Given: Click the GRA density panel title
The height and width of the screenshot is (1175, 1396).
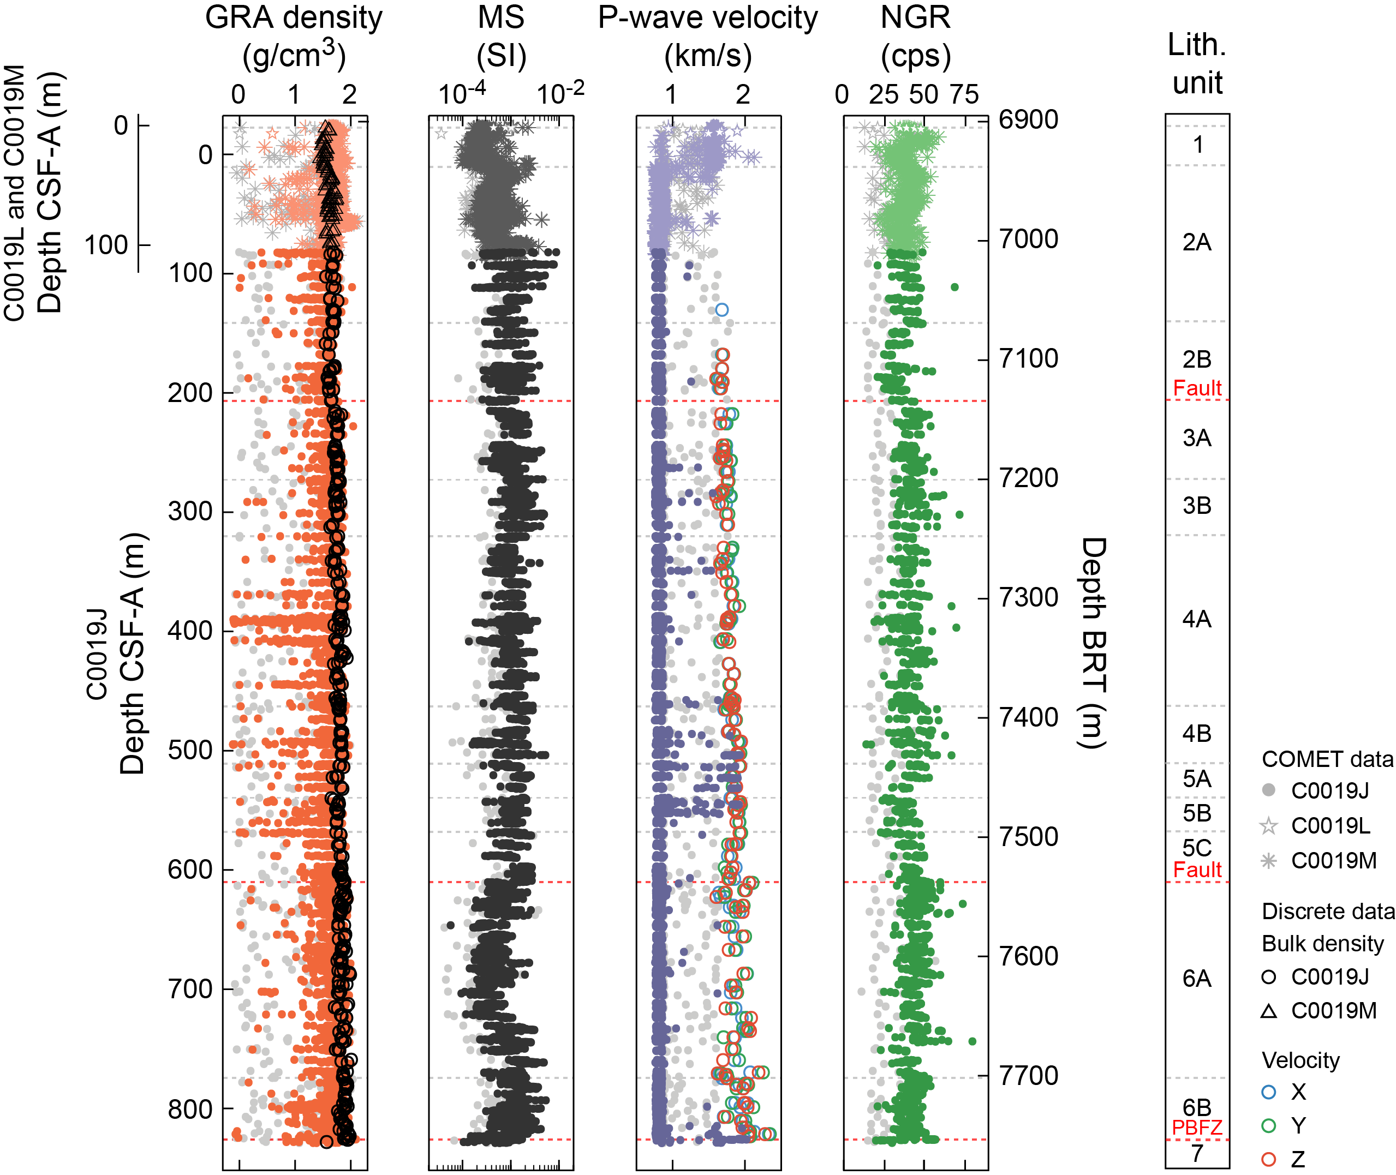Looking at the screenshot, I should click(293, 36).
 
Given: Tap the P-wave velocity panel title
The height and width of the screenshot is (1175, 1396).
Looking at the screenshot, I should click(708, 36).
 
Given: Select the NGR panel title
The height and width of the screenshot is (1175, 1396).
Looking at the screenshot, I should click(916, 36).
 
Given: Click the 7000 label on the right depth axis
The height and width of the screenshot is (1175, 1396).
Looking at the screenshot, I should click(1028, 239).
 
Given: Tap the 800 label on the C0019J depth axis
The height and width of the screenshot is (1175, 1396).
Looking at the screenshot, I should click(189, 1109).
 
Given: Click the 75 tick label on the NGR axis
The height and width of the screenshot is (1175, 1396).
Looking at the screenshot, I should click(964, 94).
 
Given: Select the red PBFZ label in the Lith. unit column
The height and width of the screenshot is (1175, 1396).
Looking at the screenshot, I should click(1197, 1128).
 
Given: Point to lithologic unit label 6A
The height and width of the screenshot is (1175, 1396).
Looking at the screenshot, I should click(1197, 979).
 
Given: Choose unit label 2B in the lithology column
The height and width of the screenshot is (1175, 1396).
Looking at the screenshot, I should click(1197, 359).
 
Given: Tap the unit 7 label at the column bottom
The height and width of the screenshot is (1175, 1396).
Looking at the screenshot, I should click(1197, 1153).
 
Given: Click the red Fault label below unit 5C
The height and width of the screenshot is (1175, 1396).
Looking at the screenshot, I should click(1197, 870).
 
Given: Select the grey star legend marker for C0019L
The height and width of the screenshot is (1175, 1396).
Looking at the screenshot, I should click(1269, 826).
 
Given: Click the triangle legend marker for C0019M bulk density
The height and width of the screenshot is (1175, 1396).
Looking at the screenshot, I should click(1269, 1011).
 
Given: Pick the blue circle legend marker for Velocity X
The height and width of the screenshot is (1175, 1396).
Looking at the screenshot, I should click(1269, 1092).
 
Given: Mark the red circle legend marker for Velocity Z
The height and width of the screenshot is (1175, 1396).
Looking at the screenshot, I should click(1269, 1160).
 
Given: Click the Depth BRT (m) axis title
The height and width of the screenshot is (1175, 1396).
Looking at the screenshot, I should click(1093, 643).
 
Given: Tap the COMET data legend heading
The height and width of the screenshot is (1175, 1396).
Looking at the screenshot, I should click(1327, 759).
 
